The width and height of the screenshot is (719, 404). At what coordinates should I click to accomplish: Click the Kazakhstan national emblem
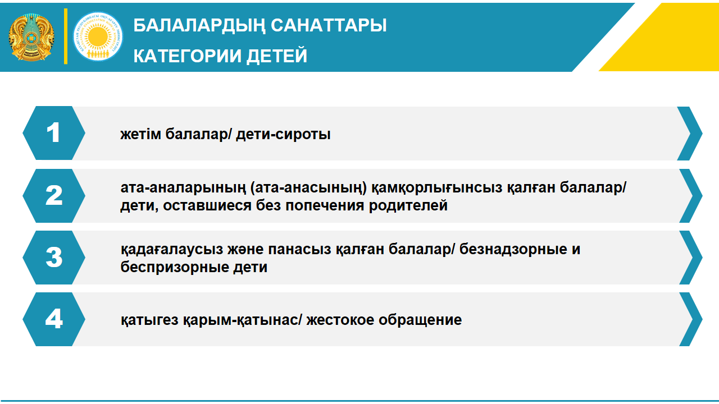(31, 37)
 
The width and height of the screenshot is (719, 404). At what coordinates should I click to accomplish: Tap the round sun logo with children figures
(98, 36)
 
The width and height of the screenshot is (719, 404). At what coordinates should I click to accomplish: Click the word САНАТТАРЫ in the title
(329, 25)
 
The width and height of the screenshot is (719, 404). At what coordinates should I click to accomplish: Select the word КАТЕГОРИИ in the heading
(187, 56)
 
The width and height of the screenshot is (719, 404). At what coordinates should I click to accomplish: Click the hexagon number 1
(54, 133)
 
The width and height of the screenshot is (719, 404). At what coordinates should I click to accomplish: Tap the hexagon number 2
(54, 196)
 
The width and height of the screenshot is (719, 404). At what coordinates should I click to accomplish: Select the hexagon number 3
(54, 257)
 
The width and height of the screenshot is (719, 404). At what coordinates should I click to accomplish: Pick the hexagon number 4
(54, 319)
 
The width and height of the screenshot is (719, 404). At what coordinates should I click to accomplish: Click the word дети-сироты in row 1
(283, 134)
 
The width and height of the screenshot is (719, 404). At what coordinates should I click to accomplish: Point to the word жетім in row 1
(140, 134)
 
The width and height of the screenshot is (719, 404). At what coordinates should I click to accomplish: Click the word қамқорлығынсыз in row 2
(436, 188)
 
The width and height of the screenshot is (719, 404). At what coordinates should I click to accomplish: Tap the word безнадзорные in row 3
(513, 250)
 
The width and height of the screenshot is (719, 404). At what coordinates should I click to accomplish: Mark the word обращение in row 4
(420, 320)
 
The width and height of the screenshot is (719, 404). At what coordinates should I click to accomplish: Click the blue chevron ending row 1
(690, 134)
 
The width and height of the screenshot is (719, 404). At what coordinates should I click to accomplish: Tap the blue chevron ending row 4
(691, 319)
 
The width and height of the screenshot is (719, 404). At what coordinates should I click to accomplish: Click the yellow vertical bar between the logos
(66, 36)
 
